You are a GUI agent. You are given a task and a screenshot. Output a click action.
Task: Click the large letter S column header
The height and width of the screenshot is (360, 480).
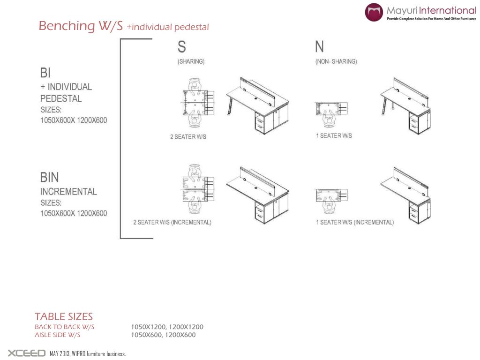pyautogui.click(x=181, y=47)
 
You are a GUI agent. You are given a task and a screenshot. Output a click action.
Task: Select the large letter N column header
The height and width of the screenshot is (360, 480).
pyautogui.click(x=319, y=47)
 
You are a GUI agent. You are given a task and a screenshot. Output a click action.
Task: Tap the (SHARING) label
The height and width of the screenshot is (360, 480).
pyautogui.click(x=191, y=61)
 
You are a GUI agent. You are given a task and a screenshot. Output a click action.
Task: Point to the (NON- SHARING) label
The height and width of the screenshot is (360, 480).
pyautogui.click(x=336, y=61)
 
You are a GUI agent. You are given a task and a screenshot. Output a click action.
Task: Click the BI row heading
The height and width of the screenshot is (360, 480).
pyautogui.click(x=45, y=73)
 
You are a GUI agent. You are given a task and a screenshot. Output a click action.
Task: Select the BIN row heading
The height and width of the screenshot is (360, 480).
pyautogui.click(x=50, y=177)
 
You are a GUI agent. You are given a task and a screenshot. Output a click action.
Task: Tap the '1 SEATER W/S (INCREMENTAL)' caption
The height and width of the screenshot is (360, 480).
pyautogui.click(x=355, y=222)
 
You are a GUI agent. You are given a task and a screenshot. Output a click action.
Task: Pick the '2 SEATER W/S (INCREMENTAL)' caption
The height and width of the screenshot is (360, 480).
pyautogui.click(x=172, y=222)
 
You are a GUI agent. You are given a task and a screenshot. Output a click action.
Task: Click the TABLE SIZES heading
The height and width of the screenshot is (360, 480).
pyautogui.click(x=64, y=317)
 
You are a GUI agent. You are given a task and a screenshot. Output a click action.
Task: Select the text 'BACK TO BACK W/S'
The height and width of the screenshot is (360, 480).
pyautogui.click(x=64, y=327)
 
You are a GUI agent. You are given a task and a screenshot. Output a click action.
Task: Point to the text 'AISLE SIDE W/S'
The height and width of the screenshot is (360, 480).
pyautogui.click(x=58, y=335)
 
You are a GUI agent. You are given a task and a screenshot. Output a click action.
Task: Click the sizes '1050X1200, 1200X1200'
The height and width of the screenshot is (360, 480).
pyautogui.click(x=167, y=327)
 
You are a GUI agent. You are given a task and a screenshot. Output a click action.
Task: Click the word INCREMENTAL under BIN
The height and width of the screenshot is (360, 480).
pyautogui.click(x=68, y=192)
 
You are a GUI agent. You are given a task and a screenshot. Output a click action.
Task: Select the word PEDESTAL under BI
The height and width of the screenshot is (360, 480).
pyautogui.click(x=61, y=99)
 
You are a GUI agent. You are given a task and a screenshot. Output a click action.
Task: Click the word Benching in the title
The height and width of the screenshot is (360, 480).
pyautogui.click(x=66, y=26)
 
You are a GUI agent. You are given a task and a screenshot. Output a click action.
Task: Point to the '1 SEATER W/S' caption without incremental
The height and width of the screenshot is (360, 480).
pyautogui.click(x=334, y=136)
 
